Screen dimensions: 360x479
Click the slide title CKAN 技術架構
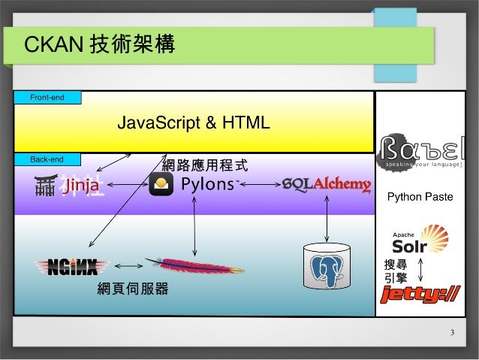100,45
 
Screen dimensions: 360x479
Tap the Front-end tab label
47,97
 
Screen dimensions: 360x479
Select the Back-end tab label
47,159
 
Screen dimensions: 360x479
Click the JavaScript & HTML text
193,123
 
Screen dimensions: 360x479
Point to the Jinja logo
69,185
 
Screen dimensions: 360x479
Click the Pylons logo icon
161,184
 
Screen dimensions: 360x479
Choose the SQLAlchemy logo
326,185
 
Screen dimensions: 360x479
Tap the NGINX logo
72,266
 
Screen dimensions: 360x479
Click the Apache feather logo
188,265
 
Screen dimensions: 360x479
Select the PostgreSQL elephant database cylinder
326,266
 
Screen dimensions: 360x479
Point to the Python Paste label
420,197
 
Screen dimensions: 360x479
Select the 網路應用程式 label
205,164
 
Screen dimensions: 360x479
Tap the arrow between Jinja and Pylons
126,185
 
